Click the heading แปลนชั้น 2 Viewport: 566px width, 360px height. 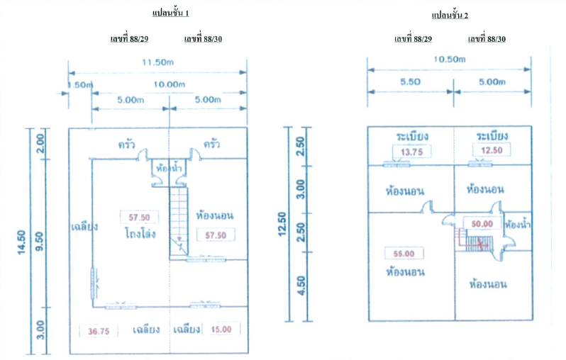coord(450,15)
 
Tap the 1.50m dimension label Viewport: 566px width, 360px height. coord(79,84)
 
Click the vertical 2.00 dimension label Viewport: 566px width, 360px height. coord(41,145)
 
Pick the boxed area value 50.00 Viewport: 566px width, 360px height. coord(482,224)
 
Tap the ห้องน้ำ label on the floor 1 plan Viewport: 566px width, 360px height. coord(169,169)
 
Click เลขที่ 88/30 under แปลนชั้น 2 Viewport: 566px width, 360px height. coord(487,39)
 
